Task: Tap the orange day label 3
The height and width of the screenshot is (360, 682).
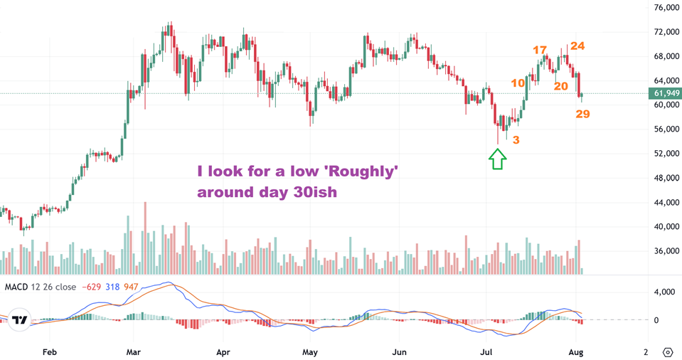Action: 516,140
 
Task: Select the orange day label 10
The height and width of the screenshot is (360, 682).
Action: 518,83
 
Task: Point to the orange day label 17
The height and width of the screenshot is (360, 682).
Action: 540,50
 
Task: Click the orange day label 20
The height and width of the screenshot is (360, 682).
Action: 560,86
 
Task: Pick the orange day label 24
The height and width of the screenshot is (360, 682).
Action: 577,46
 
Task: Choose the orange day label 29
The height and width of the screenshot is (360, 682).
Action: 583,114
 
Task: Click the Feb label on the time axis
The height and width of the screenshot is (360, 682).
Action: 49,351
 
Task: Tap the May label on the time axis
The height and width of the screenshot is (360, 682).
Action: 309,351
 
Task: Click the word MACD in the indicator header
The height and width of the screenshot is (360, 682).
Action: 18,286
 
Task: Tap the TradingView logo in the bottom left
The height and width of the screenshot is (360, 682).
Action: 21,319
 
